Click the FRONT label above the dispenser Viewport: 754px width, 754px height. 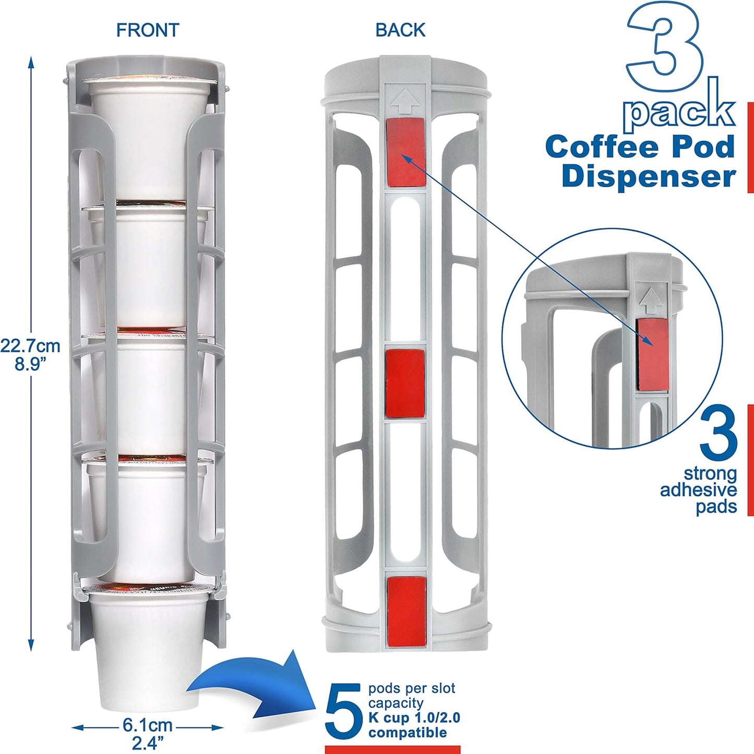tap(147, 30)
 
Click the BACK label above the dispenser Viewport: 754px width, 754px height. tap(400, 30)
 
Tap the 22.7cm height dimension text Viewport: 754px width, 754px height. tap(30, 346)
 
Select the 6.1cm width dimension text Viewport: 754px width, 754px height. tap(148, 725)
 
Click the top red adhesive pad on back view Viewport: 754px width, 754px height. tap(405, 152)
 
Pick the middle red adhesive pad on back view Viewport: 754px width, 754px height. tap(405, 384)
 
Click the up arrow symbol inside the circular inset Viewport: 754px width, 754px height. tap(651, 301)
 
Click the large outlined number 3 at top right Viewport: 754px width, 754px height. tap(665, 47)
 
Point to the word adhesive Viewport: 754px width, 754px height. tap(698, 490)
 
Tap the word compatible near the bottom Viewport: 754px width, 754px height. tap(408, 733)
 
